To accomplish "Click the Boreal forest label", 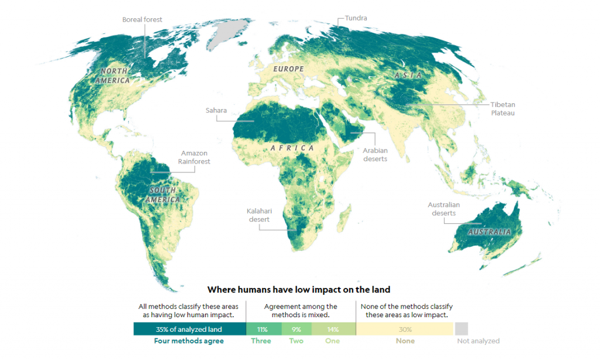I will click(x=142, y=20).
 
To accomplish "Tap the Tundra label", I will click(x=356, y=18).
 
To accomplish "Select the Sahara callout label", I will click(x=216, y=110).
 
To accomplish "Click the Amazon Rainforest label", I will click(x=194, y=157).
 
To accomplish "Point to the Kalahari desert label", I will click(x=258, y=215).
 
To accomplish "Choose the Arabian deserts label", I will click(x=375, y=155).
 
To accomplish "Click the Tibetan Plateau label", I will click(x=503, y=108).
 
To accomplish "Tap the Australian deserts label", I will click(x=444, y=209).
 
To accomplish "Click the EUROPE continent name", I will click(x=288, y=69).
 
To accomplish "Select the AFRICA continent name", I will click(x=292, y=148).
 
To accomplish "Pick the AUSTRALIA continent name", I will click(x=489, y=232).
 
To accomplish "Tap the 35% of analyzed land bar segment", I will click(x=189, y=329).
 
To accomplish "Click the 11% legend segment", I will click(x=263, y=329).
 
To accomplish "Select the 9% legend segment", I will click(x=296, y=329).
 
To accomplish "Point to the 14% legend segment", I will click(x=333, y=329).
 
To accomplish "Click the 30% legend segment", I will click(x=404, y=329).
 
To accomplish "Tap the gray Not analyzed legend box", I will click(x=462, y=329).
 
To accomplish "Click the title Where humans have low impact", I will click(x=299, y=290).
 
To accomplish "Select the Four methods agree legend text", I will click(x=189, y=341).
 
